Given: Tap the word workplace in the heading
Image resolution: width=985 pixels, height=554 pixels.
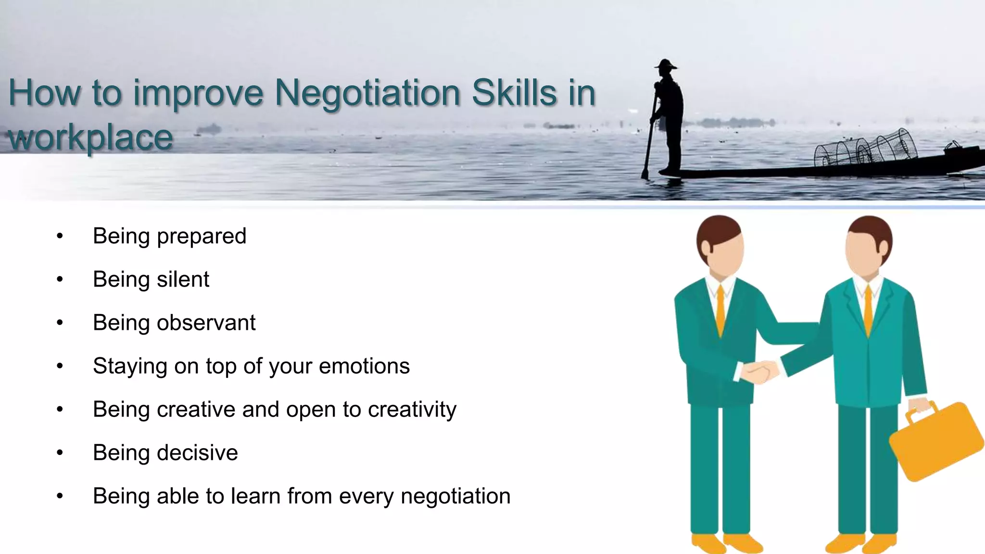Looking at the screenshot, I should tap(91, 138).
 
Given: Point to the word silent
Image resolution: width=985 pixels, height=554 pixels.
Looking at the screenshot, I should tap(183, 279).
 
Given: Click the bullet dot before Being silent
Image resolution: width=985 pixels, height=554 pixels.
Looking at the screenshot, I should tap(60, 279).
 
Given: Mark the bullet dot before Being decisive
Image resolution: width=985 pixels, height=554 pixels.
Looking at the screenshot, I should tap(60, 453).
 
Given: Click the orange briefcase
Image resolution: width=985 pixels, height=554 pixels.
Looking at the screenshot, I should tap(935, 441).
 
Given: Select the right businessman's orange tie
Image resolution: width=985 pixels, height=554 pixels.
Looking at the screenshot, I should tap(868, 310).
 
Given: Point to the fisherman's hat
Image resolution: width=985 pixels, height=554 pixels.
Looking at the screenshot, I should tap(665, 64).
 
